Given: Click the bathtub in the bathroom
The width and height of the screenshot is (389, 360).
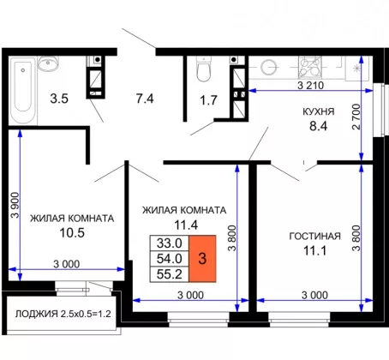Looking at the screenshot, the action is click(x=23, y=91).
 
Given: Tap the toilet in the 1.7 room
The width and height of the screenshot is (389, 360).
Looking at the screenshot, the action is click(x=204, y=69).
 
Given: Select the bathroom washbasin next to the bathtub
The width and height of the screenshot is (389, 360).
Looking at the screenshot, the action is click(x=48, y=63).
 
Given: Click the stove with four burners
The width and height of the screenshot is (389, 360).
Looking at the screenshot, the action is click(x=309, y=67).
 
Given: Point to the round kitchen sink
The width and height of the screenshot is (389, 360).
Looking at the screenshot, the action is click(x=268, y=67).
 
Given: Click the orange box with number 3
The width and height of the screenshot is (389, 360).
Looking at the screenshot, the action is click(x=202, y=259).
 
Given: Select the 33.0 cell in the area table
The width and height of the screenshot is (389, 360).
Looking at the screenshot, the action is click(x=170, y=243).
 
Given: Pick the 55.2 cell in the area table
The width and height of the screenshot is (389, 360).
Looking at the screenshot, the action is click(x=170, y=274).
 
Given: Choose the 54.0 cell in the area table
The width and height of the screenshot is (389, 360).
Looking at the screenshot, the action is click(x=170, y=259).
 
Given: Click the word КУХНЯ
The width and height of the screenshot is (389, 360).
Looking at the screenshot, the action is click(x=319, y=111).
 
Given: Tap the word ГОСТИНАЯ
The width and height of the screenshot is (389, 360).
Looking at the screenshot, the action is click(x=315, y=236).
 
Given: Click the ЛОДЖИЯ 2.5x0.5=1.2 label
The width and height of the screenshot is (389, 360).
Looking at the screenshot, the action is click(x=63, y=314).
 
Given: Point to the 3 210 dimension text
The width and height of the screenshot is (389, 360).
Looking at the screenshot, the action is click(x=310, y=85).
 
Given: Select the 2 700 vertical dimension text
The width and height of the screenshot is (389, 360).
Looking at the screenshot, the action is click(x=356, y=117).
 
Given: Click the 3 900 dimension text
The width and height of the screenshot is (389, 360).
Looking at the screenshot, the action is click(x=15, y=205).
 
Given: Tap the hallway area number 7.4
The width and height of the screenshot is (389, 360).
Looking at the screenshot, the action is click(x=145, y=99).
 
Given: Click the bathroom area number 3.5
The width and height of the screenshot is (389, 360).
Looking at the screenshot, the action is click(x=59, y=99).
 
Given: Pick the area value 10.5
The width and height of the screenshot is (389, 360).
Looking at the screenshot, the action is click(x=72, y=232).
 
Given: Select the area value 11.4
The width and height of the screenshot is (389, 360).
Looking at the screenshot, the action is click(x=186, y=225).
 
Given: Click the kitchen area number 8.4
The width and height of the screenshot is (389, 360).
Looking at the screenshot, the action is click(x=319, y=126).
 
